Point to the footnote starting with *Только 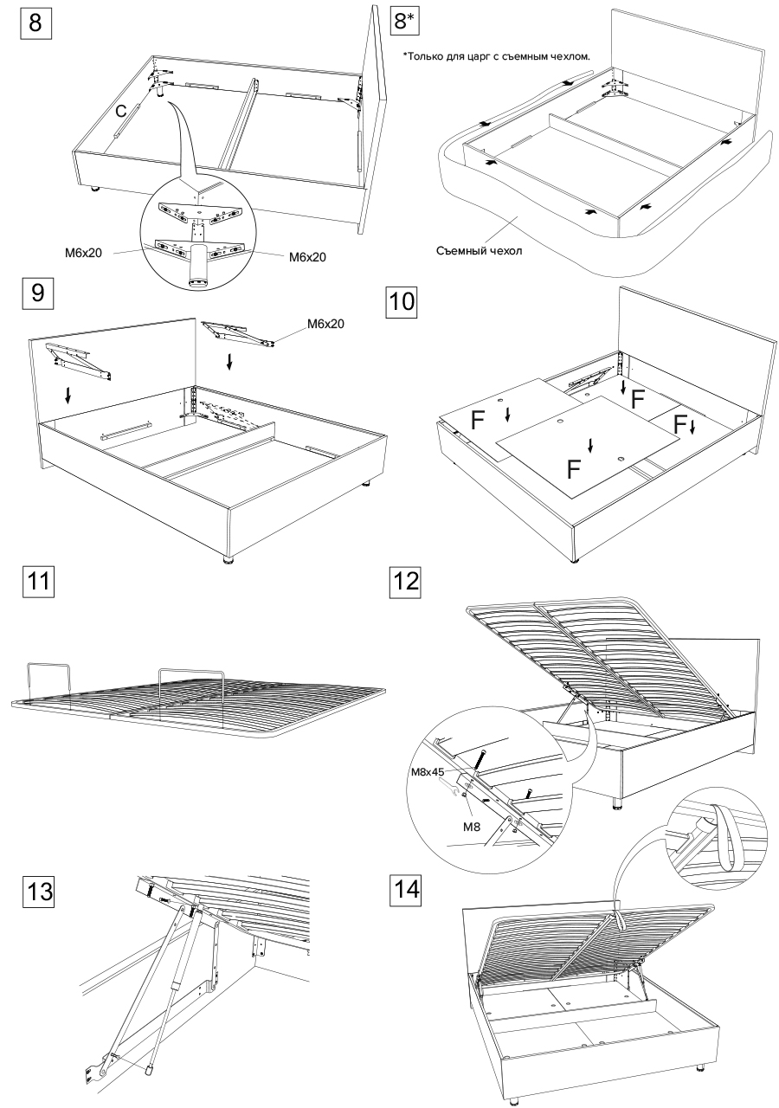click(x=496, y=55)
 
